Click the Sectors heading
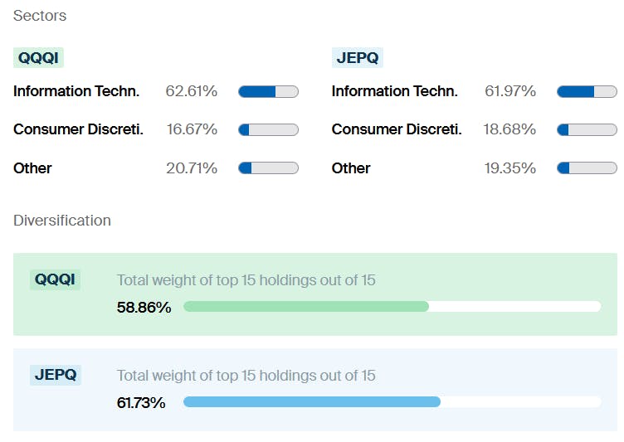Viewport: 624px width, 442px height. tap(40, 16)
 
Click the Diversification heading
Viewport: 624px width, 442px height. tap(62, 221)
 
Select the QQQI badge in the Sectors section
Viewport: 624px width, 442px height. tap(38, 57)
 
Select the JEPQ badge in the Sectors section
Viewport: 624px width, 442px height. tap(357, 57)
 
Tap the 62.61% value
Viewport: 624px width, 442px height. tap(191, 91)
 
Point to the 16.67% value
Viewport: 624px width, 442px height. tap(191, 129)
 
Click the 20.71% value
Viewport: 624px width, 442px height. tap(191, 168)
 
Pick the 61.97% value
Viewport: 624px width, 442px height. tap(509, 91)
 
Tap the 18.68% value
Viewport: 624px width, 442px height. tap(509, 129)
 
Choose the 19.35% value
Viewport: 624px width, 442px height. tap(509, 168)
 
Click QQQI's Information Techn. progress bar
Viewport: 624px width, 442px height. tap(268, 91)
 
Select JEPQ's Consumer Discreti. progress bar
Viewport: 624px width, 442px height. tap(587, 129)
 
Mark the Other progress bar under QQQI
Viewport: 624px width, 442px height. tap(268, 168)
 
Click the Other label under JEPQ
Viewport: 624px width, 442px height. tap(351, 168)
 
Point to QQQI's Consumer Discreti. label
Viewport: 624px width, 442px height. tap(78, 129)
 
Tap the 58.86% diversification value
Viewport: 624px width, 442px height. tap(144, 308)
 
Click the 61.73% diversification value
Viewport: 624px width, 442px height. tap(141, 403)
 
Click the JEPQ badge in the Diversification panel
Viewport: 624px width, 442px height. tap(56, 375)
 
